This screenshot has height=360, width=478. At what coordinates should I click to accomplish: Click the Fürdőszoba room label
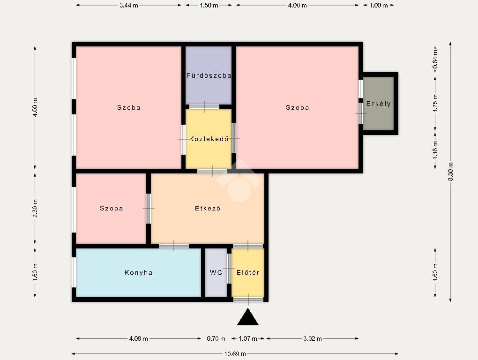pos(209,75)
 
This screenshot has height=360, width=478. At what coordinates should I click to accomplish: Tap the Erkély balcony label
pos(378,104)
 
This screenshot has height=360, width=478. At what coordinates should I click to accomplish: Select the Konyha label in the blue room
pos(138,272)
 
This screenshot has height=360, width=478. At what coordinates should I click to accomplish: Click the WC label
pos(216,272)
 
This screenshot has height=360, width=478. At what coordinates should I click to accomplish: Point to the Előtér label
pos(248,272)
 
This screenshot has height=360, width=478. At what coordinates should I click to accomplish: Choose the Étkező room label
pos(208,208)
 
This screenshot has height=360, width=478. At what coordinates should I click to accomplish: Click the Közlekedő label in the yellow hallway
pos(209,139)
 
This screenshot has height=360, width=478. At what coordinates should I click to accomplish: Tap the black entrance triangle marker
pos(248,317)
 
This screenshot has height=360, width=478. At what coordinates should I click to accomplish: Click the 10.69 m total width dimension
pos(235,354)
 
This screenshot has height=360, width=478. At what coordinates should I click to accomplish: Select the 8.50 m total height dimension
pos(450,172)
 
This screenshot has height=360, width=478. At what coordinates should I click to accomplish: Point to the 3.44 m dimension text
pos(129,5)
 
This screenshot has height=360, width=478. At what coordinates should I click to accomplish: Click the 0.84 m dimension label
pos(435,59)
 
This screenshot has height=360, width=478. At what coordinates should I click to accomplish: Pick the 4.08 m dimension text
pos(138,338)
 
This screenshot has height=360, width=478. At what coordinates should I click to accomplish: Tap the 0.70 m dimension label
pos(216,338)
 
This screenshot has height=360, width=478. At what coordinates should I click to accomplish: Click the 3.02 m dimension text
pos(313,338)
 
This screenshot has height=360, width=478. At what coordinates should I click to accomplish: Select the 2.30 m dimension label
pos(35,209)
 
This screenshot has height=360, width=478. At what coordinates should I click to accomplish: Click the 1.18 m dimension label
pos(435,150)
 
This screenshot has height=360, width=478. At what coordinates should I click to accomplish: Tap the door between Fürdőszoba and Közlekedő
pos(204,107)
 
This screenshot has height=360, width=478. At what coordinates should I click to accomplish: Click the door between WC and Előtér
pos(229,269)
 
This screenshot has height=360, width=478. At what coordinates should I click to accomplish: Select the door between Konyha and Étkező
pos(174,246)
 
